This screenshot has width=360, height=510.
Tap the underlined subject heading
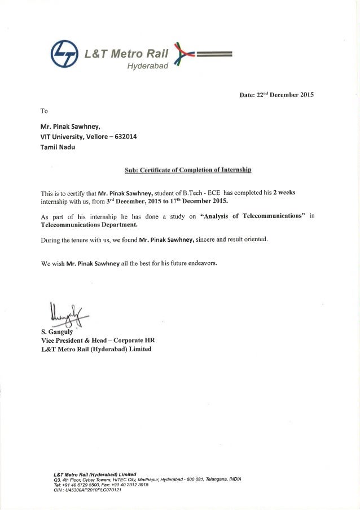(x=187, y=169)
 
